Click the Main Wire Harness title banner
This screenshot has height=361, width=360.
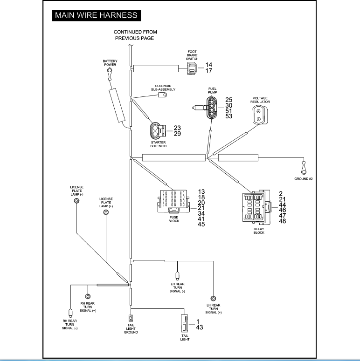(x=97, y=15)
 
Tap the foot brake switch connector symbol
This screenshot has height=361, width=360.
(x=192, y=68)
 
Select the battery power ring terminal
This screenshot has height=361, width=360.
(x=110, y=74)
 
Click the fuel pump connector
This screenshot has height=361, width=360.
(x=211, y=108)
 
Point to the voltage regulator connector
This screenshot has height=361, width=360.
(x=260, y=115)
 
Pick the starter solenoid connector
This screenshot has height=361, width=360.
(x=158, y=131)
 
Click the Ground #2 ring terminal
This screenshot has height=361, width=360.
(x=304, y=168)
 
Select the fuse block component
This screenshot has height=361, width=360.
(x=173, y=201)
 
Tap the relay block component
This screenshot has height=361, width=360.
(x=257, y=207)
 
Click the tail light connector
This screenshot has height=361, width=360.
(x=185, y=323)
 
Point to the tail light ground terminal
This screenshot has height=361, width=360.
(x=131, y=318)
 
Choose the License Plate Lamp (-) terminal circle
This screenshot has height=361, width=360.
(x=77, y=201)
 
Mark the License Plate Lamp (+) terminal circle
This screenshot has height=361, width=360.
(x=106, y=212)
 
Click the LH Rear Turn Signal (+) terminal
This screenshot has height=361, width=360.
(x=214, y=299)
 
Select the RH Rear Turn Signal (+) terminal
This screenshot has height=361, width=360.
(x=88, y=296)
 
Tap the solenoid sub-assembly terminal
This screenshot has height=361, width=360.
(x=162, y=95)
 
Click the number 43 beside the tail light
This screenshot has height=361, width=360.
(x=200, y=327)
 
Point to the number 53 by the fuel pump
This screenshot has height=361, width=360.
(x=229, y=116)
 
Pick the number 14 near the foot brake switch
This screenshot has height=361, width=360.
(x=209, y=65)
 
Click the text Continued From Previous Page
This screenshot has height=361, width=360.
(x=135, y=35)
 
